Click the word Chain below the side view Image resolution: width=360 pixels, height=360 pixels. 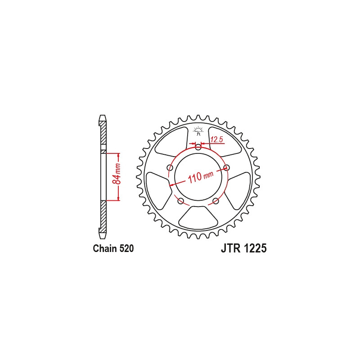pos(105,249)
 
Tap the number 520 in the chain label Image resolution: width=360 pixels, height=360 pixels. pos(126,249)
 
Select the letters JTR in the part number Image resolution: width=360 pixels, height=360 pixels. pos(231,248)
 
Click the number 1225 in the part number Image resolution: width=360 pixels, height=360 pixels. pos(255,248)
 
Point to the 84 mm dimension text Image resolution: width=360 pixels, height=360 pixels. pos(117,174)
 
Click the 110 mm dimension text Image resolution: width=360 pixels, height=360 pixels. pos(201,176)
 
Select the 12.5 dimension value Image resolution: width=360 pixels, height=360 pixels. pos(217,140)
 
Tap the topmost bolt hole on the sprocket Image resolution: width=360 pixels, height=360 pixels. pos(198,147)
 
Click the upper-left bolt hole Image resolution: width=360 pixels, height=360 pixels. pos(170,167)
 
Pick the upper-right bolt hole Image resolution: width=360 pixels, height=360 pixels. pos(226,167)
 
